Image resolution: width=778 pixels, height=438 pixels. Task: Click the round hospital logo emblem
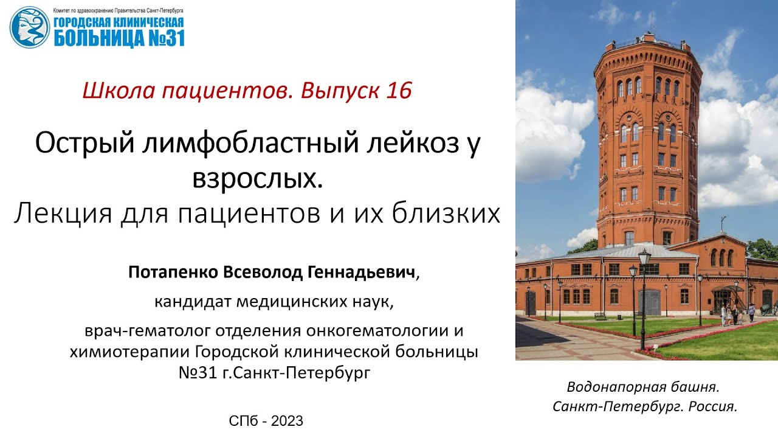coord(29,28)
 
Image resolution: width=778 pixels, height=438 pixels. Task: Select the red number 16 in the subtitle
coord(399,91)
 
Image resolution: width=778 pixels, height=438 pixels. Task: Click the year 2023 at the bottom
coord(287,420)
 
